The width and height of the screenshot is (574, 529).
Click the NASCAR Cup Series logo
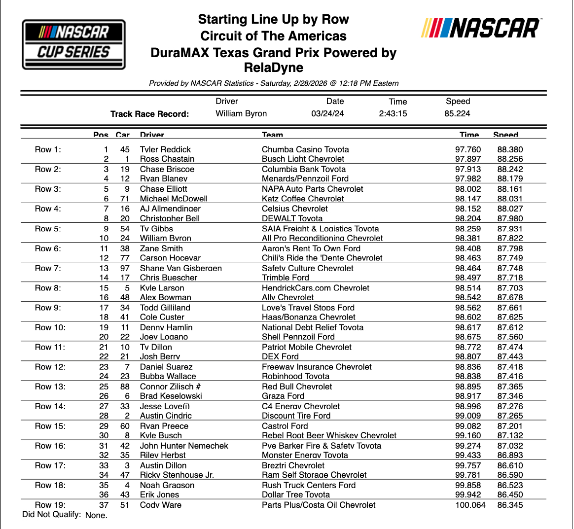[x=74, y=44]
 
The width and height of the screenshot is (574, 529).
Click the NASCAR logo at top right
[x=481, y=29]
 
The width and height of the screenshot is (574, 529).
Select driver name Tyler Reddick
[x=165, y=149]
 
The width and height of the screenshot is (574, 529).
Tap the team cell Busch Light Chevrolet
[x=303, y=159]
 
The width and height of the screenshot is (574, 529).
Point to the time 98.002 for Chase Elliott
[x=467, y=189]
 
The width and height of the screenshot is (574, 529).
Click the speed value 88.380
[x=510, y=149]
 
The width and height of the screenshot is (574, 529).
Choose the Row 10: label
[x=50, y=327]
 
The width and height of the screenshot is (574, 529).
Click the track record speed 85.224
[x=457, y=113]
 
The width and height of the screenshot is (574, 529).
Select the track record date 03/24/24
[x=327, y=113]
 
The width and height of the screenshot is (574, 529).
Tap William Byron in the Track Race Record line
[x=241, y=113]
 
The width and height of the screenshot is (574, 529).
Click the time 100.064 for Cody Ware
[x=470, y=505]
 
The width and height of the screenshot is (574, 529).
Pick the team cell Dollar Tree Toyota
[x=296, y=494]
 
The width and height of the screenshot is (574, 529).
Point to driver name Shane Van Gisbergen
[x=181, y=268]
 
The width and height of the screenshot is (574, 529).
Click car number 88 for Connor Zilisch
[x=125, y=387]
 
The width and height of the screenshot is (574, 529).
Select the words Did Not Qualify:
[x=52, y=514]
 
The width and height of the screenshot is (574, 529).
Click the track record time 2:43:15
[x=393, y=113]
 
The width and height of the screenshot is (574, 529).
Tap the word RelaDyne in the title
[x=274, y=68]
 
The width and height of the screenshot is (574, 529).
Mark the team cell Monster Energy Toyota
[x=305, y=455]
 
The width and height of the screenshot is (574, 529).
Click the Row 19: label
[x=50, y=505]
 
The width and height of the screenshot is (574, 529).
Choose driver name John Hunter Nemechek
[x=184, y=446]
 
